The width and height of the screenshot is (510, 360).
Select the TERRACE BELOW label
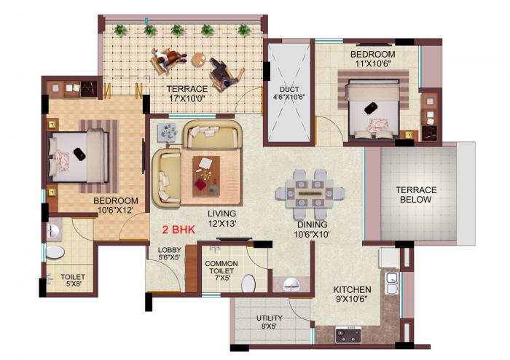[416, 195]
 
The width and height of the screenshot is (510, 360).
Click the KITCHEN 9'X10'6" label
[352, 294]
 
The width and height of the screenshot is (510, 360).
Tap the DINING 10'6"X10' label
[311, 230]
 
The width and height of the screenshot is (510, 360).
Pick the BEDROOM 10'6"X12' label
[115, 206]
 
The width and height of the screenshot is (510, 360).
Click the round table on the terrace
[198, 61]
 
